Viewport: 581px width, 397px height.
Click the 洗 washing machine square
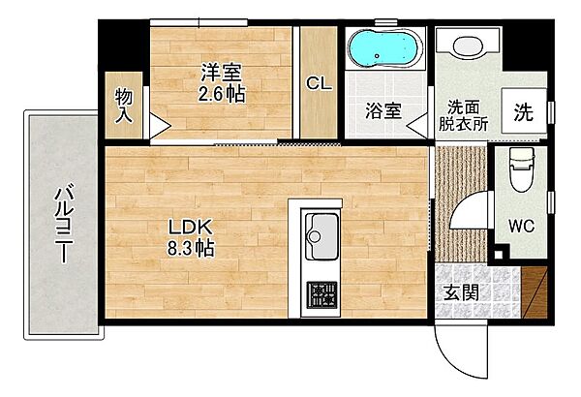523,110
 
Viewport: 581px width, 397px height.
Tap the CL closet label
319,83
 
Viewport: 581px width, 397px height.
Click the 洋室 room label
221,73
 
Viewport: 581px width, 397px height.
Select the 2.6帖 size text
221,96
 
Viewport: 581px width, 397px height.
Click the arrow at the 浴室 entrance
416,124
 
